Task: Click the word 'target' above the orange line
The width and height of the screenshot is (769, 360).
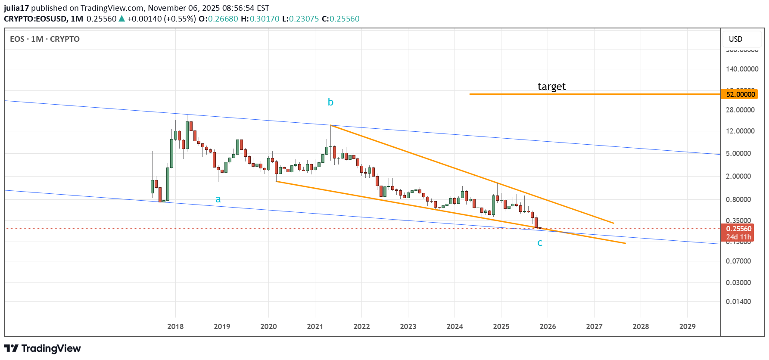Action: (551, 87)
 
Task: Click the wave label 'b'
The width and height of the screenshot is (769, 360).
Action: (330, 102)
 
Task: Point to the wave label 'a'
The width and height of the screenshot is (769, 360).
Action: (218, 199)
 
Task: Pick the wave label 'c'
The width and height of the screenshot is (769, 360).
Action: (540, 243)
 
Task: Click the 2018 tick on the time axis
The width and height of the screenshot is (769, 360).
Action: (175, 326)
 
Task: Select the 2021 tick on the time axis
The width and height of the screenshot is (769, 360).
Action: (315, 326)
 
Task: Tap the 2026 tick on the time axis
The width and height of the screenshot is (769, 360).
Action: (548, 326)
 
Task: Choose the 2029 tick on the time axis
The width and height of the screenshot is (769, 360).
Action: (687, 326)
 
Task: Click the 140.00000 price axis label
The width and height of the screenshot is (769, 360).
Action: (742, 69)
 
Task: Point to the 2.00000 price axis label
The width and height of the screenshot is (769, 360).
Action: (738, 176)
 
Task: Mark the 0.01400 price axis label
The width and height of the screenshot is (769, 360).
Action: (738, 301)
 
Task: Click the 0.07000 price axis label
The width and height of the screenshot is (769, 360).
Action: (738, 261)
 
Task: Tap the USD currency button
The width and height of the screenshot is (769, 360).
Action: (735, 39)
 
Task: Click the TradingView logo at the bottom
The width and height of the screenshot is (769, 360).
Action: (42, 348)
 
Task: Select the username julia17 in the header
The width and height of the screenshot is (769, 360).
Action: (16, 8)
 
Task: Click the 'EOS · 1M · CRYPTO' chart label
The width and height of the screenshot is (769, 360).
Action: (45, 39)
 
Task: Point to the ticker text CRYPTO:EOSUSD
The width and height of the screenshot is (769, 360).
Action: (35, 19)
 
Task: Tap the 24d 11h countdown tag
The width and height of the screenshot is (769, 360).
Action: (738, 237)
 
